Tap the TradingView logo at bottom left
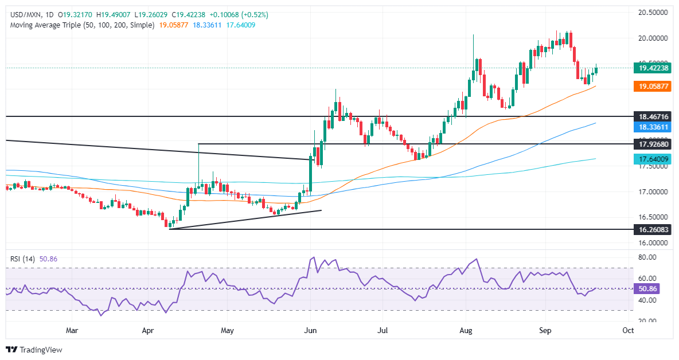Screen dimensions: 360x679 pos(34,349)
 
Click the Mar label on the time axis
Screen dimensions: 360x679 pos(72,330)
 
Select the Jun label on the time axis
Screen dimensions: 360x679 pos(310,330)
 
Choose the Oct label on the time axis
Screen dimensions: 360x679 pos(628,330)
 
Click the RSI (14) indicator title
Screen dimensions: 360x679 pos(24,259)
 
